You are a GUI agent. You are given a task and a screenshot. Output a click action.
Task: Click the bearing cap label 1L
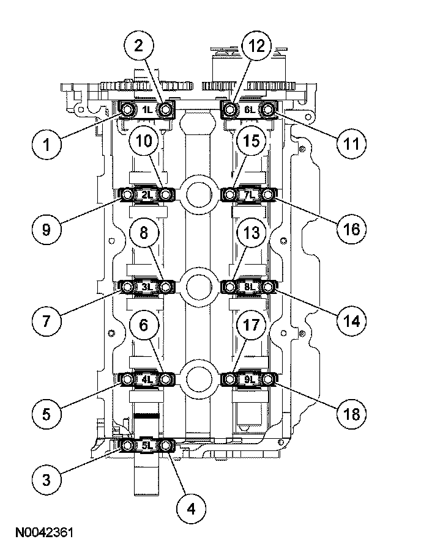(147, 110)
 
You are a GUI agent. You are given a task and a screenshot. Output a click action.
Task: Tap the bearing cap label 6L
(249, 110)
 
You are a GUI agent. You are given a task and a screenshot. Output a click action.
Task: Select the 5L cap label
(147, 446)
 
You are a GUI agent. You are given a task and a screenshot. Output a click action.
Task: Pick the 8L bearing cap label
(249, 286)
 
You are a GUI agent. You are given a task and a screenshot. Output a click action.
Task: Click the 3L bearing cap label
(147, 286)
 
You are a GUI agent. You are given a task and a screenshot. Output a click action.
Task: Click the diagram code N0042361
(41, 533)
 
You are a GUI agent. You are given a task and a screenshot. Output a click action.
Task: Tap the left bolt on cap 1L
(127, 110)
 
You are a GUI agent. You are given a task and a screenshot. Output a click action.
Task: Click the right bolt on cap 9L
(269, 380)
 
